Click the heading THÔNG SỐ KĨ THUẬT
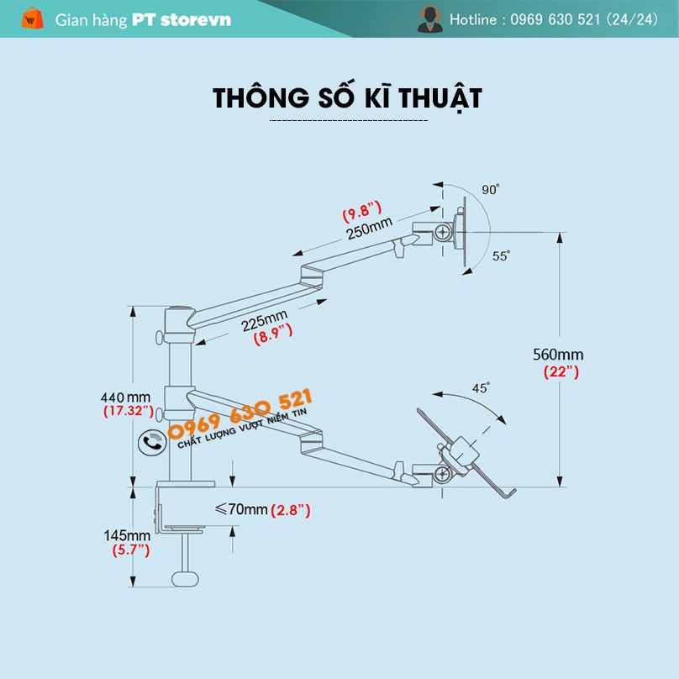click(347, 97)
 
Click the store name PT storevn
click(182, 19)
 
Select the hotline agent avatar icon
click(429, 18)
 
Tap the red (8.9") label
click(272, 334)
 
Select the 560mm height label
click(558, 355)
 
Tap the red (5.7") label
click(130, 550)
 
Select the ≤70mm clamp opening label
click(241, 509)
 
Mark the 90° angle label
click(491, 190)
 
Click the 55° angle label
click(501, 256)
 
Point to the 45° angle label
click(481, 388)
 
